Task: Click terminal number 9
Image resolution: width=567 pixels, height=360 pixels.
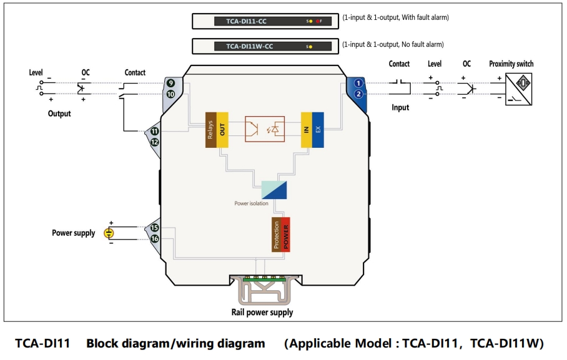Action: point(170,82)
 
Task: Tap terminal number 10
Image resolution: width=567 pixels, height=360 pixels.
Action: point(170,94)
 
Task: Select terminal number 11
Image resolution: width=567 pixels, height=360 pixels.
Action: point(154,131)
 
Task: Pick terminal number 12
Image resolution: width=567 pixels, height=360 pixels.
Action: point(154,142)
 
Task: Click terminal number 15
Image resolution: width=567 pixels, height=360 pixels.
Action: point(154,228)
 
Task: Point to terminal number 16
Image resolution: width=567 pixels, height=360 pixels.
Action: point(154,239)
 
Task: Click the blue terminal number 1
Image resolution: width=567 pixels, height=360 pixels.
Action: point(358,83)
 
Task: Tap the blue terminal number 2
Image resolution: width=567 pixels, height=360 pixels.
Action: point(358,94)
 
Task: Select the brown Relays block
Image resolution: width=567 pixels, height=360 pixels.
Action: point(211,130)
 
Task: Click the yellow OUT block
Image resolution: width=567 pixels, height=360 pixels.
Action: point(222,130)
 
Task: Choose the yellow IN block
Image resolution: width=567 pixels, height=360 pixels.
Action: point(306,130)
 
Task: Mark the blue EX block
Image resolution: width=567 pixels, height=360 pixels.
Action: point(318,130)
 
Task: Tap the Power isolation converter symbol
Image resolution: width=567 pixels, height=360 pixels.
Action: point(273,190)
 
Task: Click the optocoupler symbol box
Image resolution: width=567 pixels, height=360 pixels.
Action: point(265,130)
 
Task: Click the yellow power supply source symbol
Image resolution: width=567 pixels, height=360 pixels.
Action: point(109,233)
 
